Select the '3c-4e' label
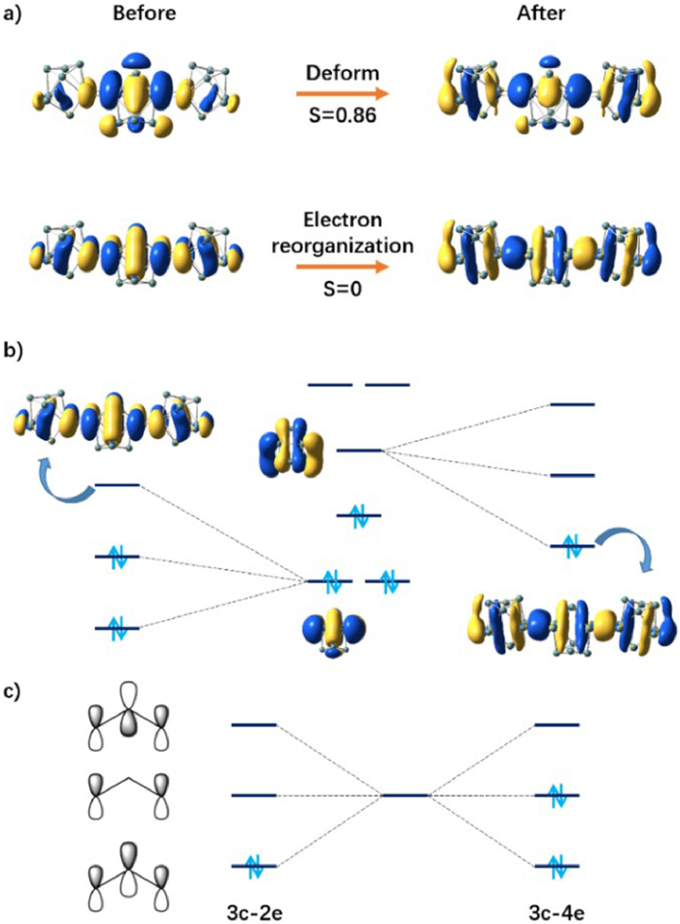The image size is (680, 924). [558, 909]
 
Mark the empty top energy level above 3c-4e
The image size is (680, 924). [558, 725]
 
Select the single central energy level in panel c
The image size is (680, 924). [406, 796]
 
